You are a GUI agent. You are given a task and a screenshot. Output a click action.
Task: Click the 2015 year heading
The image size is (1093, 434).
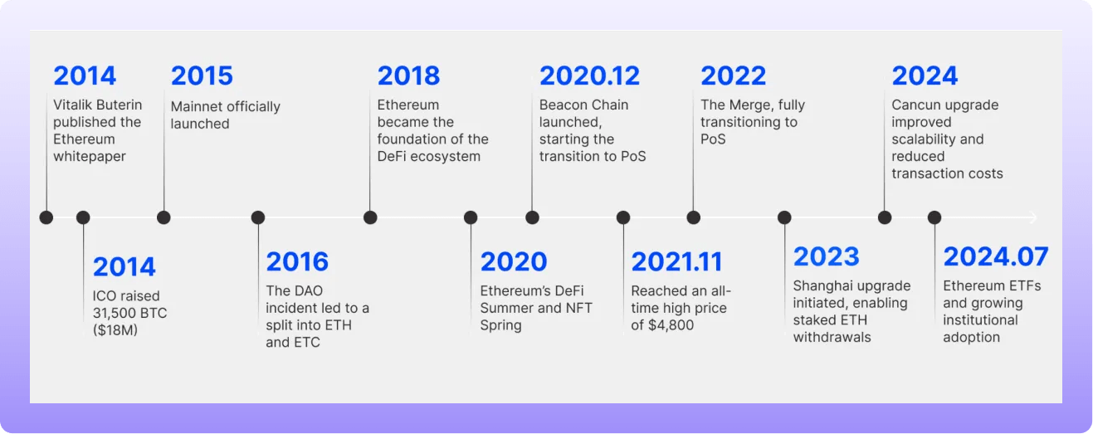[202, 76]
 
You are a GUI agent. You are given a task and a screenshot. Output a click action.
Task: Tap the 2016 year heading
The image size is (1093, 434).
[297, 262]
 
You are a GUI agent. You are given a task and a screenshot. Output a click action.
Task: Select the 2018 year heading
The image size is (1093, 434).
[408, 76]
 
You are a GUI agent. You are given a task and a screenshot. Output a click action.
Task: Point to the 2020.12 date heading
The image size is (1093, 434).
[589, 76]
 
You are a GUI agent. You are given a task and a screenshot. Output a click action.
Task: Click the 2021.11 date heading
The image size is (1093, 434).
[676, 262]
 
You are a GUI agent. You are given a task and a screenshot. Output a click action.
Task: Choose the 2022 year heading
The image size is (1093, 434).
[734, 76]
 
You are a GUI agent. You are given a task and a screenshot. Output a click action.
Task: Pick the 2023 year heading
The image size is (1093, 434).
[826, 257]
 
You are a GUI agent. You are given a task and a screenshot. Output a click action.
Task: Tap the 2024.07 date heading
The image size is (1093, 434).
[996, 257]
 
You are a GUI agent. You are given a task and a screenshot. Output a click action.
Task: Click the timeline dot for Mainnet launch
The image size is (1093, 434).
[164, 217]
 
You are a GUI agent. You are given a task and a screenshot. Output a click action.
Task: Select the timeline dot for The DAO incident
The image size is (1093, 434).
[258, 217]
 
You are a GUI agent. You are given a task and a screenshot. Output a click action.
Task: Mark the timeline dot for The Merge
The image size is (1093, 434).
[693, 217]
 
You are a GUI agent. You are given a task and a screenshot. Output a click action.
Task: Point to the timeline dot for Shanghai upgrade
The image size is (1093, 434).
[784, 217]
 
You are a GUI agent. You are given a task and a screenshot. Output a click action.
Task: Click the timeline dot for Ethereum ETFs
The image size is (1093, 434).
[934, 217]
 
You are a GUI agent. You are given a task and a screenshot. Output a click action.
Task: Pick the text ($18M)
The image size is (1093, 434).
[115, 330]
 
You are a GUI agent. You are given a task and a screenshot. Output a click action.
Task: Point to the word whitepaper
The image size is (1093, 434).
[90, 157]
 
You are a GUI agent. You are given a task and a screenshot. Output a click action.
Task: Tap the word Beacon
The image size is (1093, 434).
[560, 105]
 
